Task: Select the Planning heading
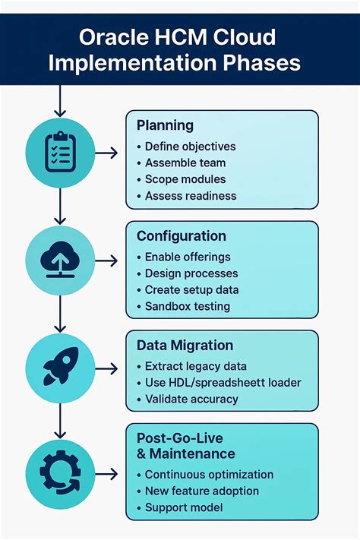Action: click(x=165, y=125)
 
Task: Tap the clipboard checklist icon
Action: click(x=61, y=153)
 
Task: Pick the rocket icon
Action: click(x=61, y=368)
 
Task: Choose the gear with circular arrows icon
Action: click(x=61, y=474)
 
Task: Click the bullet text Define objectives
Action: click(x=190, y=147)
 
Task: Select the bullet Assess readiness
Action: click(x=191, y=195)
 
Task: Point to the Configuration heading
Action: click(x=180, y=236)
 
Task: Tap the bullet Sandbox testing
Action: click(x=187, y=306)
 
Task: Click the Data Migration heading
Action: click(x=184, y=346)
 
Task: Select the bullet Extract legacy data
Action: click(x=195, y=367)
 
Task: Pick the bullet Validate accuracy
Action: click(x=191, y=399)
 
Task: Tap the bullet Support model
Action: click(x=183, y=507)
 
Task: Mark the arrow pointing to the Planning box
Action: click(x=107, y=153)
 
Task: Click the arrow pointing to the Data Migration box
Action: click(x=107, y=368)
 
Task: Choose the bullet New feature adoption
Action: click(x=201, y=491)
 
